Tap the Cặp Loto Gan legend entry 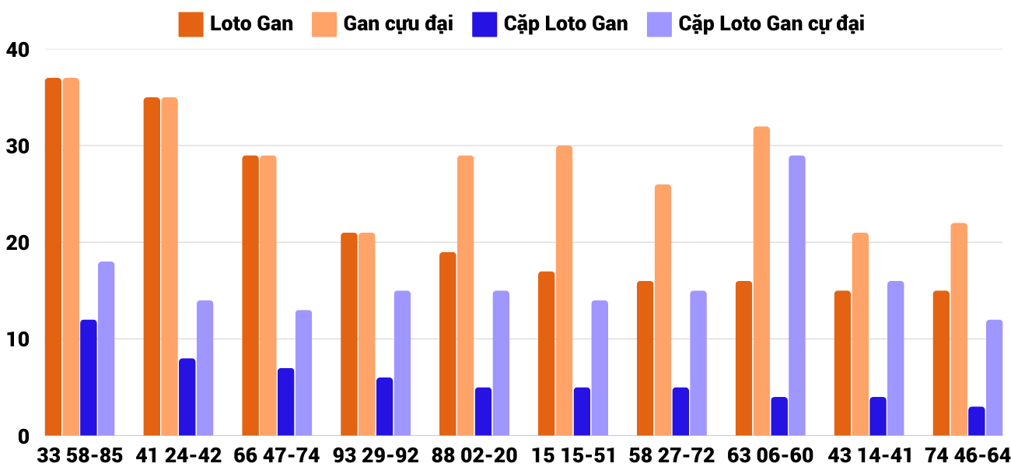(550, 24)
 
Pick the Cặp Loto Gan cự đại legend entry (755, 24)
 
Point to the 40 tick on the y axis (17, 50)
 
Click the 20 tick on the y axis (17, 243)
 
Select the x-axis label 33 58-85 (80, 455)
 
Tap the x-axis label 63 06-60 (771, 455)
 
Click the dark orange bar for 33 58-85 (53, 257)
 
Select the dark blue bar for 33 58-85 (89, 377)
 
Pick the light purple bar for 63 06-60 (797, 296)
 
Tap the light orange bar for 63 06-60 (761, 281)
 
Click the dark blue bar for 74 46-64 (977, 421)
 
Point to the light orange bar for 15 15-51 (564, 290)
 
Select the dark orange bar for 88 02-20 (447, 344)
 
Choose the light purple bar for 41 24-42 (205, 368)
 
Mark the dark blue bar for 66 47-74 (286, 402)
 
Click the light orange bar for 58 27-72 (663, 310)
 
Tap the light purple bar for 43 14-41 (896, 358)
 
